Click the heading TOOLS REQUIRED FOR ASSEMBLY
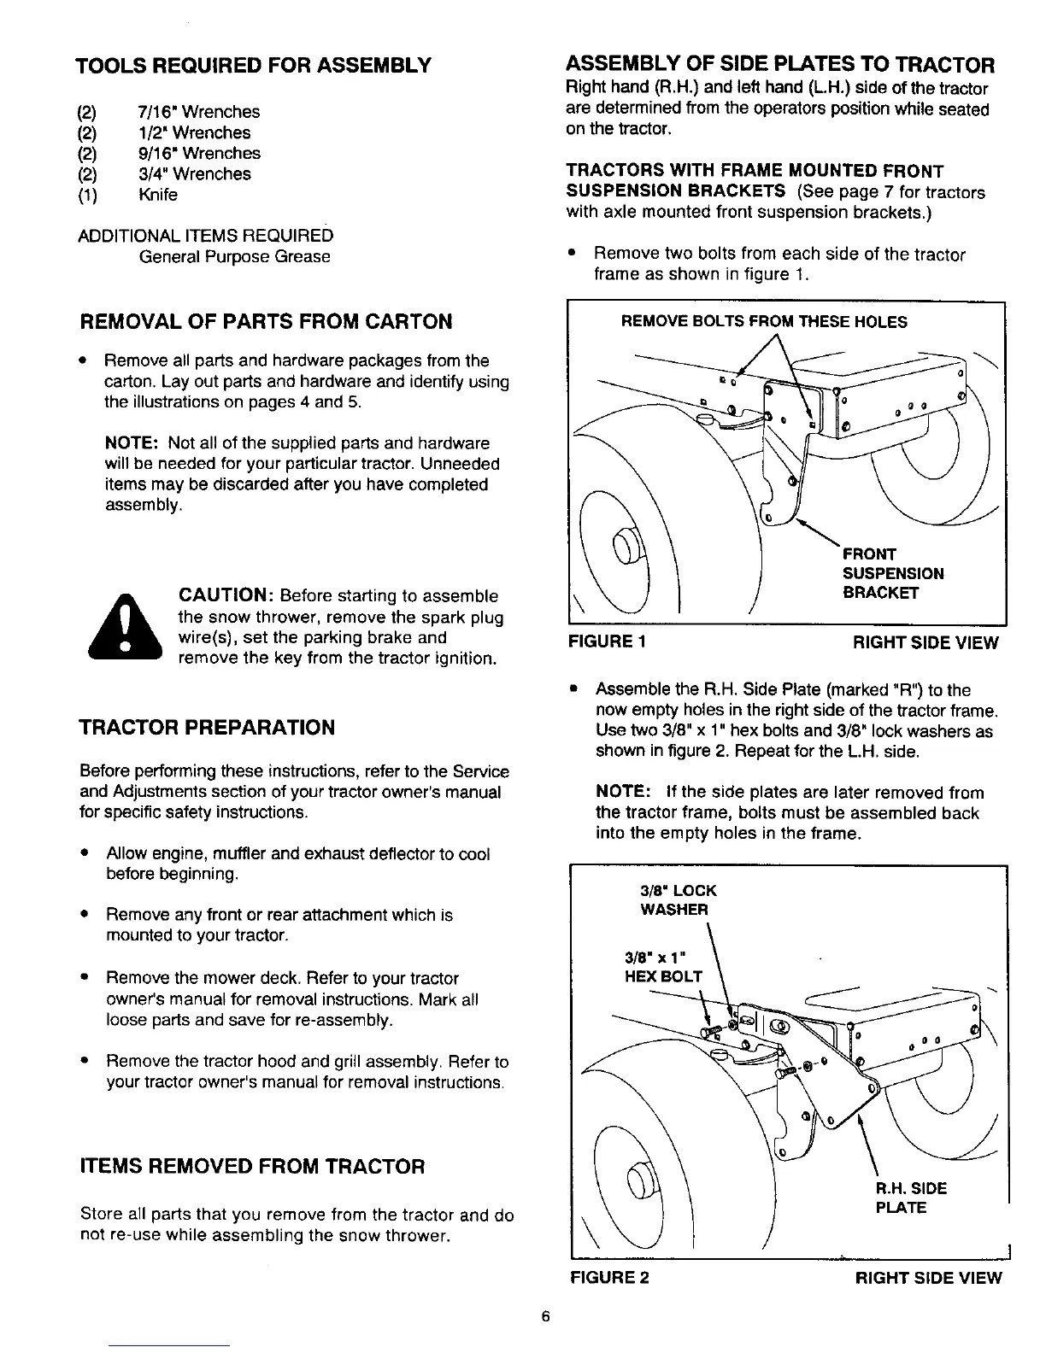tap(252, 66)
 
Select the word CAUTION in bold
tap(225, 595)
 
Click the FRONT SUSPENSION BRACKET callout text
tap(892, 573)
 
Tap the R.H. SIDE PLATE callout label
tap(911, 1198)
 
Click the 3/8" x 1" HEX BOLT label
tap(663, 966)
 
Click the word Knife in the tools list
tap(158, 195)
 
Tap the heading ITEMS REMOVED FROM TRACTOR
tap(252, 1167)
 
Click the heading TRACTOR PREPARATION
tap(207, 728)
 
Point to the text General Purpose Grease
tap(235, 257)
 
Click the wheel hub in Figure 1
tap(626, 545)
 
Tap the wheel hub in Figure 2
tap(639, 1180)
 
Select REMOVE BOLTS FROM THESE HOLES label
tap(763, 322)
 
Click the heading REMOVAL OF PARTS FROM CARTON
tap(266, 322)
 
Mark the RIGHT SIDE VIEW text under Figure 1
tap(926, 643)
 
